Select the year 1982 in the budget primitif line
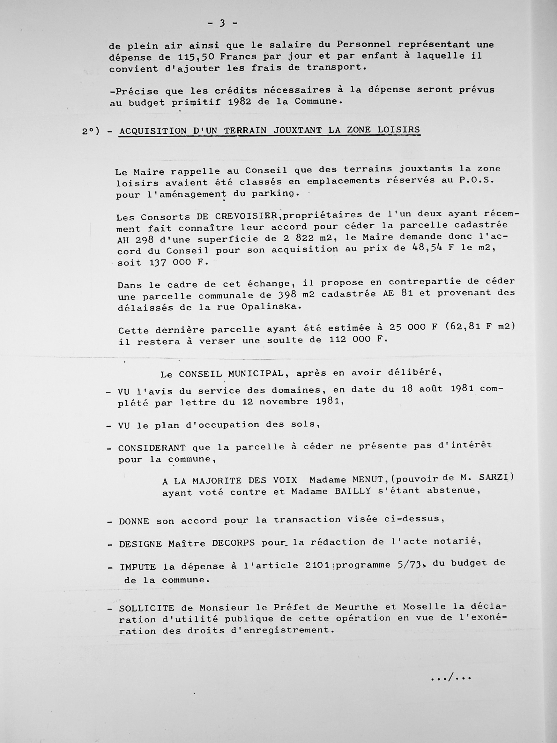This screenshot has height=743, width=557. pyautogui.click(x=239, y=102)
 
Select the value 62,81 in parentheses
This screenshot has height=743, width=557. pyautogui.click(x=465, y=327)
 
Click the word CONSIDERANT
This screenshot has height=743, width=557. pyautogui.click(x=152, y=448)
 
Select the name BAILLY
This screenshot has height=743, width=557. pyautogui.click(x=353, y=491)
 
